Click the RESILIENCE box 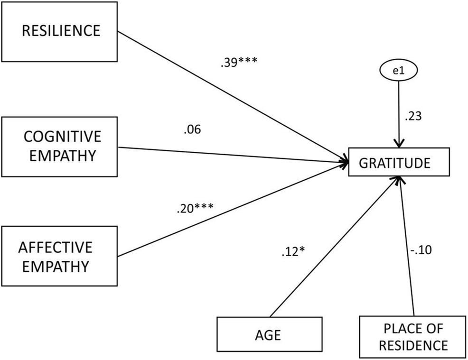59,31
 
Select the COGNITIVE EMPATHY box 59,147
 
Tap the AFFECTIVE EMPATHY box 59,257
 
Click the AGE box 270,335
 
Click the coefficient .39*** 239,64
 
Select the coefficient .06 192,129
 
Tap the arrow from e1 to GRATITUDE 399,114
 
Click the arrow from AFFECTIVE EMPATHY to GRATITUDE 233,210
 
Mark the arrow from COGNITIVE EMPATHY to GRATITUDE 233,155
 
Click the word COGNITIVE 62,137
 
